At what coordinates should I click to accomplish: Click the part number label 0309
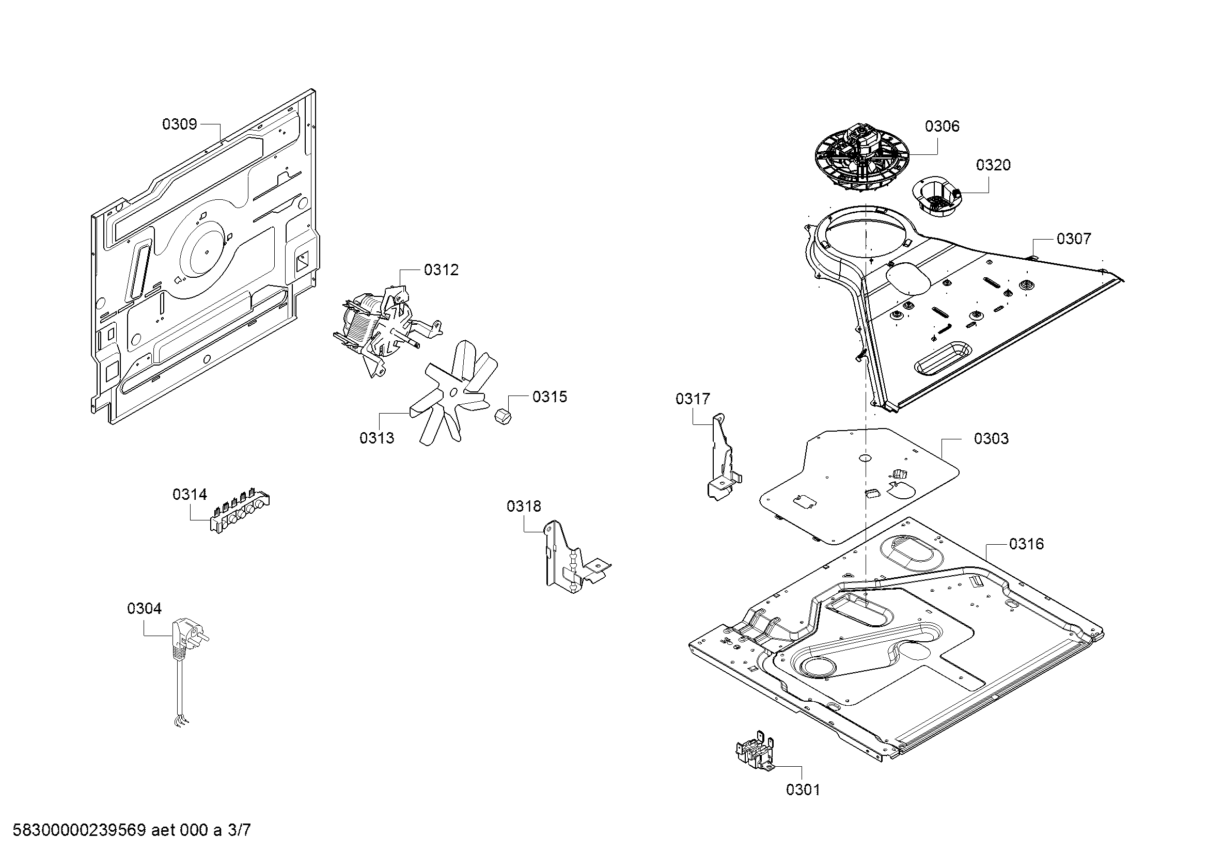click(x=179, y=124)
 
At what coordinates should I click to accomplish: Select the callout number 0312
click(x=442, y=270)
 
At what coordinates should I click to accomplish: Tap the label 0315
click(x=550, y=397)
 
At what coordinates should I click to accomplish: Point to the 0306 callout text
click(x=943, y=126)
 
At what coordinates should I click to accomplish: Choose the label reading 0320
click(x=993, y=165)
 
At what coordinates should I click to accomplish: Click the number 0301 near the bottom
click(x=803, y=790)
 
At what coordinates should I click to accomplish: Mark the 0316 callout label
click(x=1027, y=544)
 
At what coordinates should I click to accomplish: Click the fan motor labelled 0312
click(x=386, y=329)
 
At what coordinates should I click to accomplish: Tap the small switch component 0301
click(x=755, y=750)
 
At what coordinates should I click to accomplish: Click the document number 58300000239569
click(x=79, y=830)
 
